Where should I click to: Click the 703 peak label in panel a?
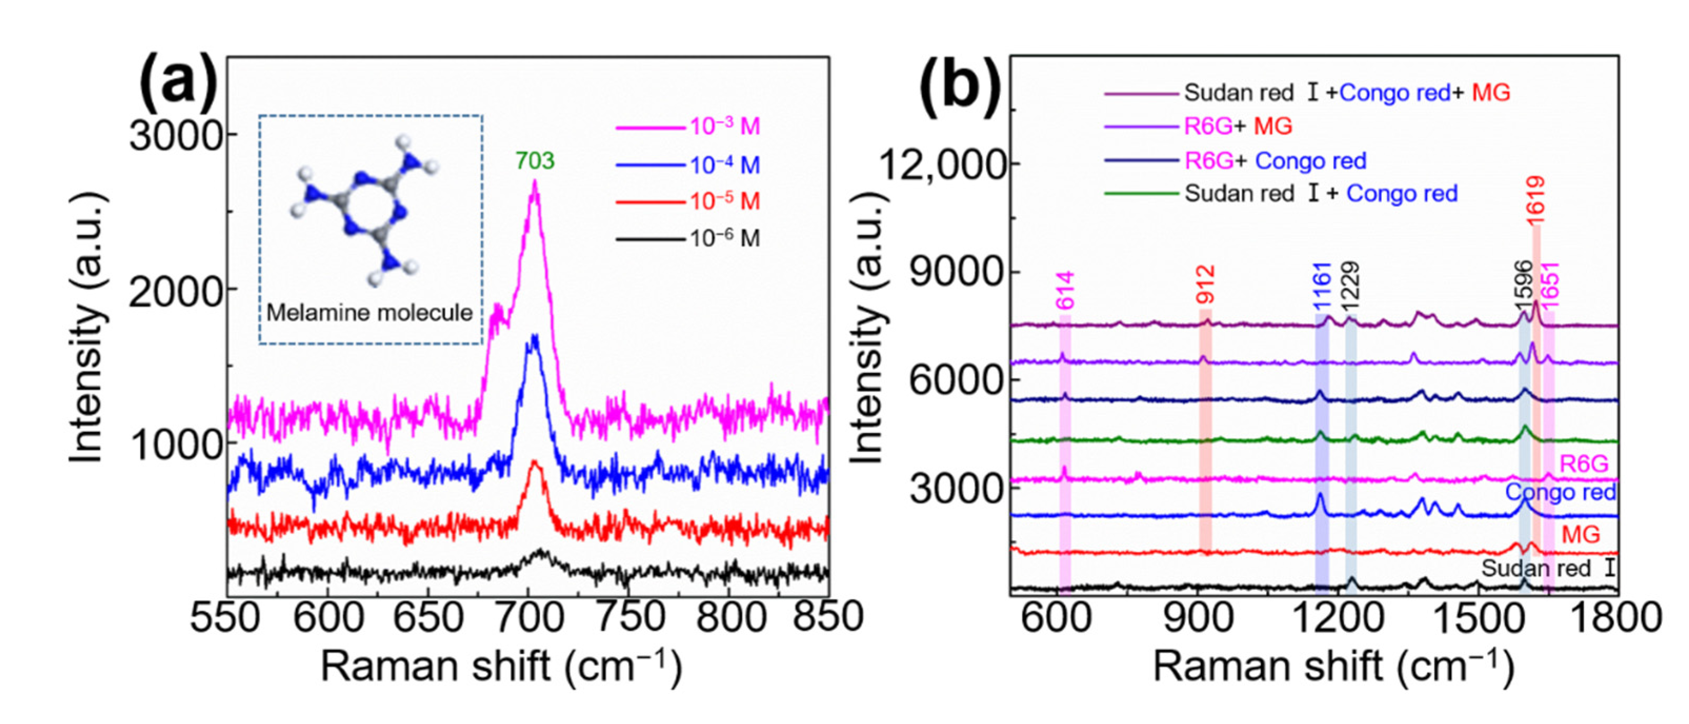534,160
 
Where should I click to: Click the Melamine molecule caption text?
369,313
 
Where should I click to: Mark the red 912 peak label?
1205,285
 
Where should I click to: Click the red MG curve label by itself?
1581,535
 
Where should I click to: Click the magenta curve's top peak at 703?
534,182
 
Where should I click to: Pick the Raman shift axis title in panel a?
502,668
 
